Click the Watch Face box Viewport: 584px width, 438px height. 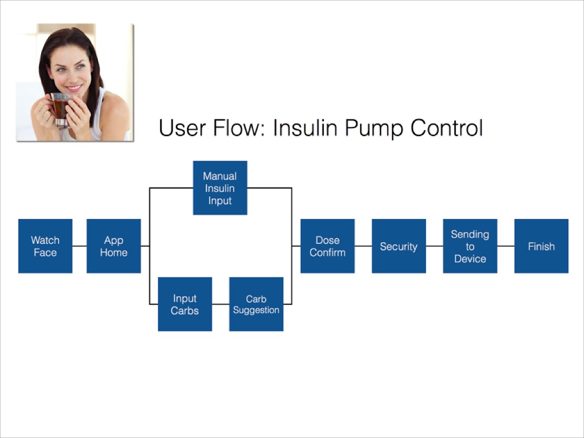(x=45, y=246)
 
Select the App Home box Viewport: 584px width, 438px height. (x=114, y=246)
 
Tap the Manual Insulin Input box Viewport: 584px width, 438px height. (x=220, y=188)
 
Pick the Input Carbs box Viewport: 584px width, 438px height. (x=185, y=304)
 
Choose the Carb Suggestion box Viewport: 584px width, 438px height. (x=256, y=304)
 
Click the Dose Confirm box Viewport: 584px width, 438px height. (x=328, y=246)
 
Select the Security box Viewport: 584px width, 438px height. (x=399, y=246)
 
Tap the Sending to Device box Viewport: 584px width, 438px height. (x=470, y=246)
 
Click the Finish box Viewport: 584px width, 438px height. (x=541, y=246)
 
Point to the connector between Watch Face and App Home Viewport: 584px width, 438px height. (x=79, y=246)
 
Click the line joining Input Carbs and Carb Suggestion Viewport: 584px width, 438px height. (x=221, y=304)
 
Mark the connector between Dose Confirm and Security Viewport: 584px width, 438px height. (x=363, y=246)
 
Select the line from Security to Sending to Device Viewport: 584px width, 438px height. (x=434, y=246)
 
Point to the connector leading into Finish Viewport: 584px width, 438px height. (x=506, y=246)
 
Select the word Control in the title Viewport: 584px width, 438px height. (x=446, y=129)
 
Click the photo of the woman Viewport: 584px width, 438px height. (x=75, y=82)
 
